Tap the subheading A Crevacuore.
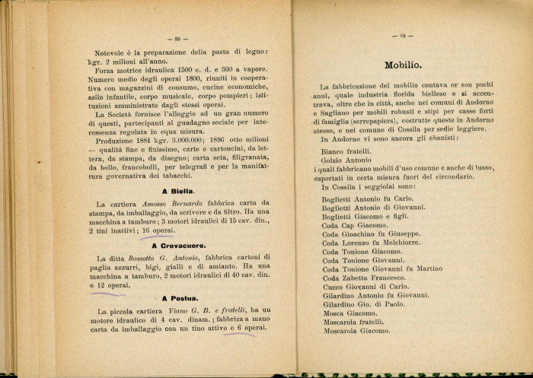click(180, 246)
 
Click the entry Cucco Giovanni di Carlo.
click(365, 287)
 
